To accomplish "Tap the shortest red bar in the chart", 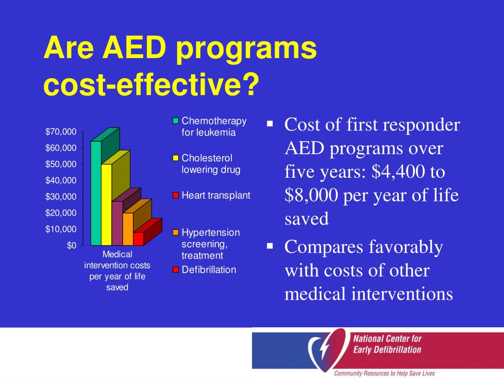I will pos(138,239).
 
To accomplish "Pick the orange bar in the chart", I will pos(127,229).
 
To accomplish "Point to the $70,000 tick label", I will pos(61,131).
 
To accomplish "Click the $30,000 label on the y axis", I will pos(61,196).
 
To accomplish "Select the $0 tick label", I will pos(71,246).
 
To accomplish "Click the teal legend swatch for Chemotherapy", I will pos(175,121).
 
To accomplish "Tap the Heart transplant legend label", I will pos(216,195).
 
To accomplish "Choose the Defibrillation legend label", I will pos(209,270).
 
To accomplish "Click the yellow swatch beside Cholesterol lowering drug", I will pos(175,158).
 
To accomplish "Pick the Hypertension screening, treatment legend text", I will pos(211,244).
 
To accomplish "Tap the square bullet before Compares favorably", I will pos(270,244).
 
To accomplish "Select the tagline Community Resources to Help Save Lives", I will pos(384,373).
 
